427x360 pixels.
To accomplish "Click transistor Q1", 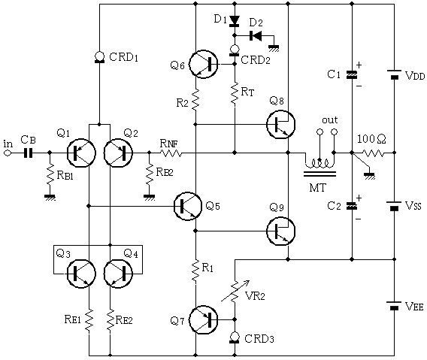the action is coord(81,153).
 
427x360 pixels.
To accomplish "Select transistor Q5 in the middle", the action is coord(188,206).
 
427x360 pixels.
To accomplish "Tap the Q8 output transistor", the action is coord(280,124).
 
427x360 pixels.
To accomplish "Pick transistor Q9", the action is coord(280,231).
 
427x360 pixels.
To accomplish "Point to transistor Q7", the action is coord(203,319).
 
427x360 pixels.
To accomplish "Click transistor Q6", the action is coord(203,65).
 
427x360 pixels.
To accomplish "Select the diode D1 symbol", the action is coord(235,21).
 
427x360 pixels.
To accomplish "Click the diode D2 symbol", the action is coord(256,35).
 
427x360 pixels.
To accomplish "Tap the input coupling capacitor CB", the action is coord(28,153).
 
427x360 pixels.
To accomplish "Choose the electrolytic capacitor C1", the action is coord(352,74).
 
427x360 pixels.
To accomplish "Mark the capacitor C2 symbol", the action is coord(352,206).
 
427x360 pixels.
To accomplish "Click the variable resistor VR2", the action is coord(235,290).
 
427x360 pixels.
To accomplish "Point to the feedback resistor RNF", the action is coord(171,153).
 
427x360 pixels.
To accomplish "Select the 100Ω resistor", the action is coord(373,153).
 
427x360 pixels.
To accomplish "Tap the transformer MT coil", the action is coord(319,164).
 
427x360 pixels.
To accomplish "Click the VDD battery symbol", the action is coord(394,74).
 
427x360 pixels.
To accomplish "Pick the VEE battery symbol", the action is coord(394,306).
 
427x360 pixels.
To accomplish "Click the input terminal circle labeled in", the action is coord(8,153).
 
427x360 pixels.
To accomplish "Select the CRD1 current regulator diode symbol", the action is coord(99,57).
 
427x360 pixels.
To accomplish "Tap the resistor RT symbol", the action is coord(235,93).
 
